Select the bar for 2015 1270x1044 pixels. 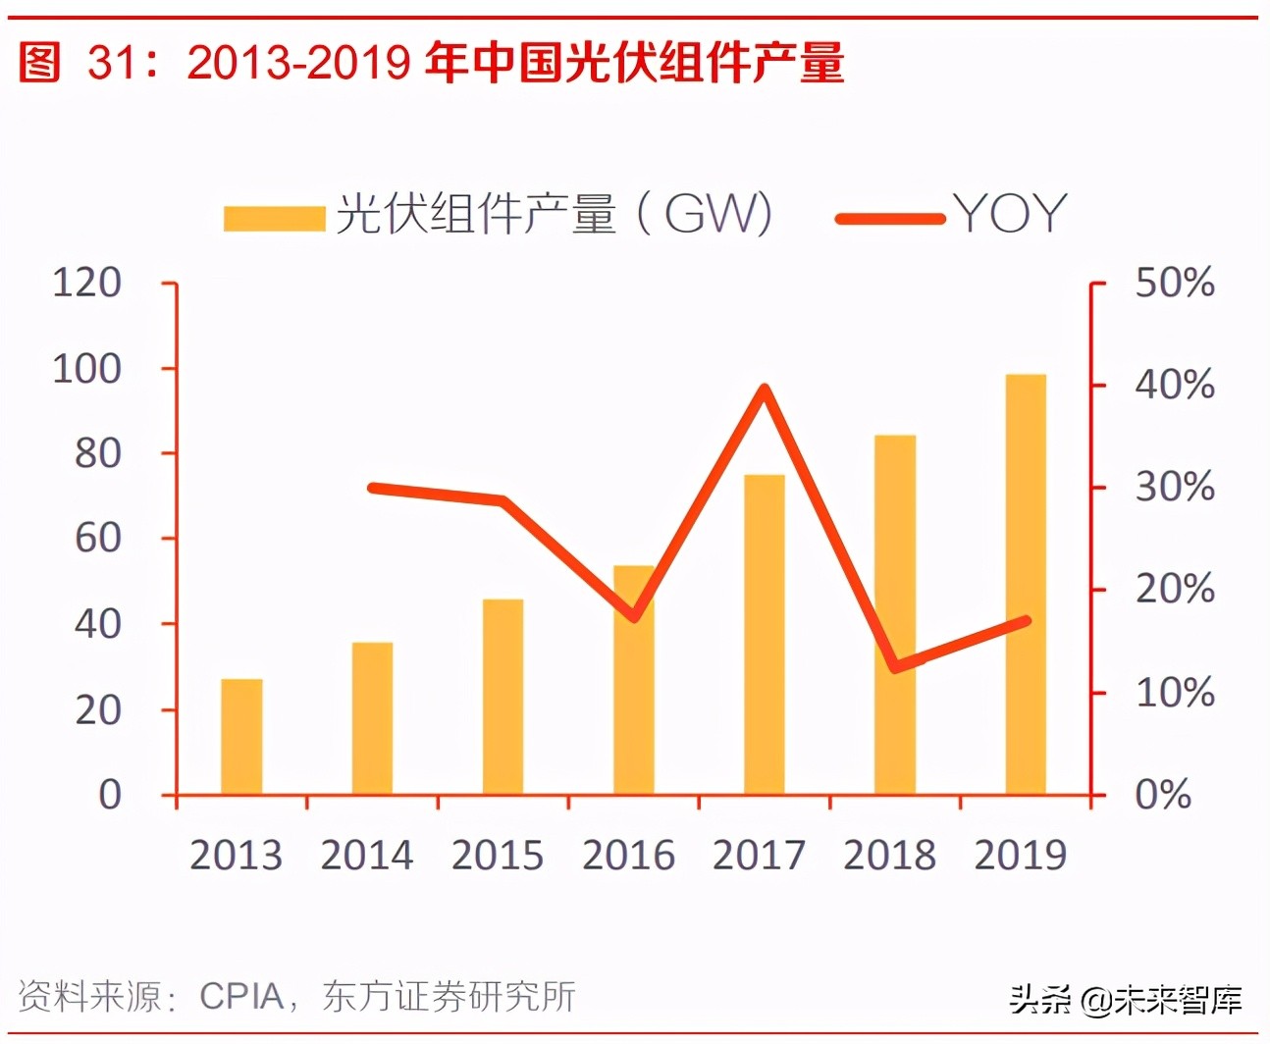click(x=503, y=697)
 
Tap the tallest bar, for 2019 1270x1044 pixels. click(x=1025, y=585)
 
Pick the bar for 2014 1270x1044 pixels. click(x=372, y=718)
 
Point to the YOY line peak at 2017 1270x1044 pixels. click(x=765, y=390)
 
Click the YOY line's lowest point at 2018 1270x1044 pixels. click(x=894, y=667)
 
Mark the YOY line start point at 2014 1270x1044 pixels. click(x=372, y=488)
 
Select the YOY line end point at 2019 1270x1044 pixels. click(x=1026, y=620)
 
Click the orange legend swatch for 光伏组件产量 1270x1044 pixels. click(x=274, y=218)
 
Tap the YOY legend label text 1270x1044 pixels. click(x=1010, y=214)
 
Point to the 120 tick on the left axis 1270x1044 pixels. click(x=86, y=283)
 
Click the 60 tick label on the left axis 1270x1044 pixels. click(x=97, y=539)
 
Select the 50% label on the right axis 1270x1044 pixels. click(x=1174, y=283)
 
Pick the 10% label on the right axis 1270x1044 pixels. click(x=1174, y=693)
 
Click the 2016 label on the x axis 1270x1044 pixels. click(x=628, y=856)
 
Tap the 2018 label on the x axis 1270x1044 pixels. click(x=889, y=856)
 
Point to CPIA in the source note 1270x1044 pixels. click(x=241, y=997)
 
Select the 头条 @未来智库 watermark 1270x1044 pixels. click(x=1126, y=1000)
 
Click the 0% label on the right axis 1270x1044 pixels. click(x=1163, y=795)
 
